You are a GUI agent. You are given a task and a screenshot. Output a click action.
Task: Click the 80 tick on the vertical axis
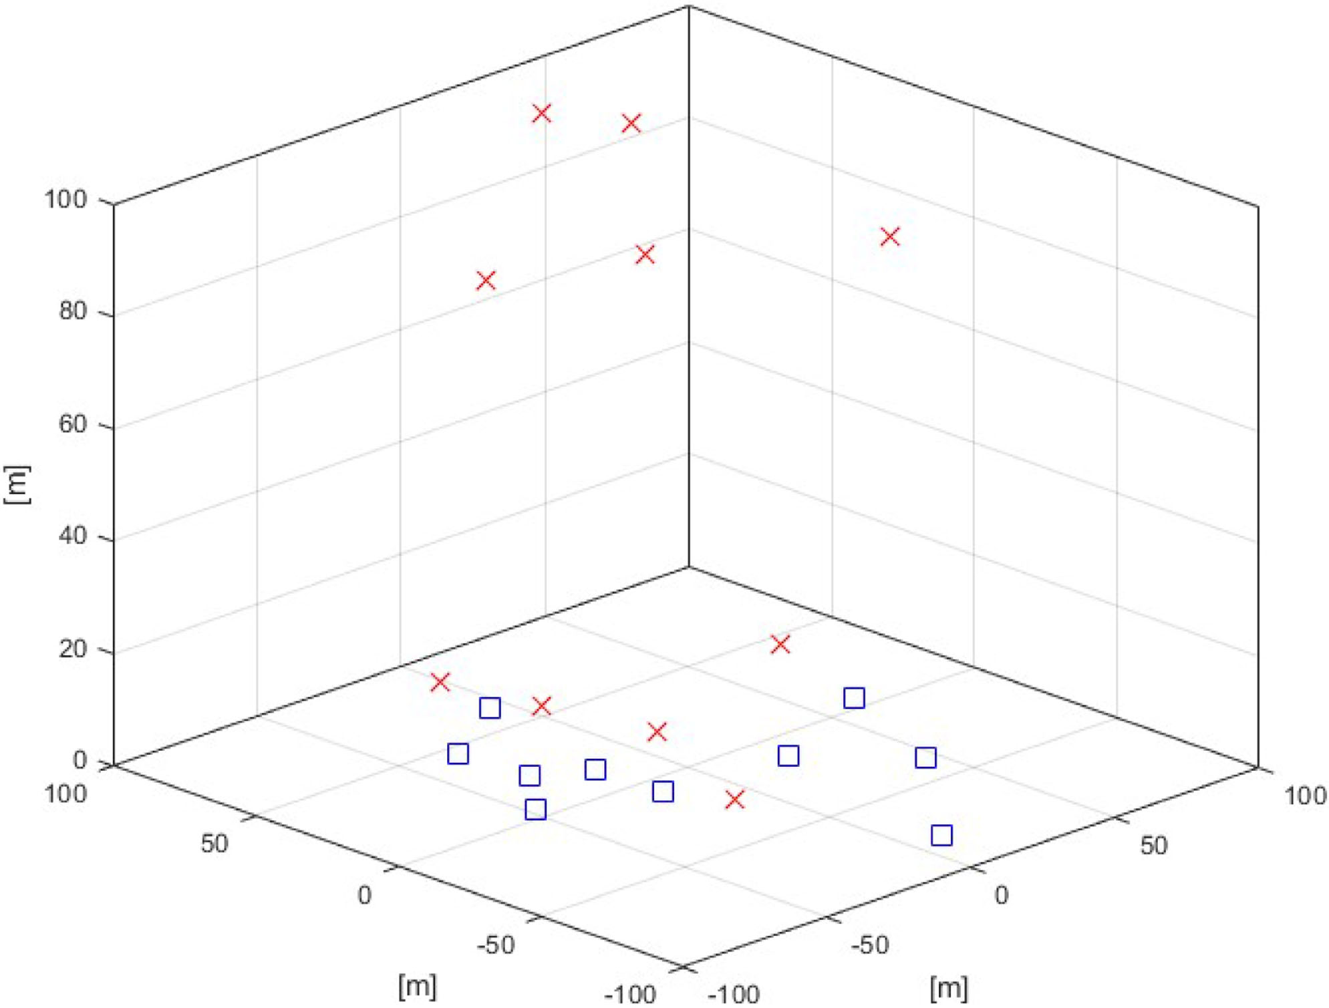73,312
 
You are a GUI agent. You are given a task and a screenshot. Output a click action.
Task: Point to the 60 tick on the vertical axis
73,424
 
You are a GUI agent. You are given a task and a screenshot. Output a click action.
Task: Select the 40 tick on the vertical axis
73,536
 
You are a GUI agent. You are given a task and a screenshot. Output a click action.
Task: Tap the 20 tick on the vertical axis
73,649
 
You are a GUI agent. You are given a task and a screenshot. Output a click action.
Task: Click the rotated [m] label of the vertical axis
18,484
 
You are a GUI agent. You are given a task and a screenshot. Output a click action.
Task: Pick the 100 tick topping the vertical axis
65,199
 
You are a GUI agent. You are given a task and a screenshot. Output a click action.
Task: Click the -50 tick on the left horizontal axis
496,945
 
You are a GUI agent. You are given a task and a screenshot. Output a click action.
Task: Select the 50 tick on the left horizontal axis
214,844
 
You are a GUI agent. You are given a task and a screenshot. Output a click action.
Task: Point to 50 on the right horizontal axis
1153,846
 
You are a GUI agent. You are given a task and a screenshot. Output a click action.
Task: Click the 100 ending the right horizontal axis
1305,796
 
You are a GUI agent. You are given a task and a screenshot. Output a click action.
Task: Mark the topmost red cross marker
542,114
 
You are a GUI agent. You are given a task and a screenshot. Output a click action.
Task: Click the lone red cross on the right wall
890,236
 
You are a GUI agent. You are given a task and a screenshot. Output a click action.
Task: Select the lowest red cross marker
735,799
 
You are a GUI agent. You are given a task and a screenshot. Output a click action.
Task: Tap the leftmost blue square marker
458,754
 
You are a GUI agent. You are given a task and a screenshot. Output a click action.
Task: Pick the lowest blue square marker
941,835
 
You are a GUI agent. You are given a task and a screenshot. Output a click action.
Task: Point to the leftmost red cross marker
440,682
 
